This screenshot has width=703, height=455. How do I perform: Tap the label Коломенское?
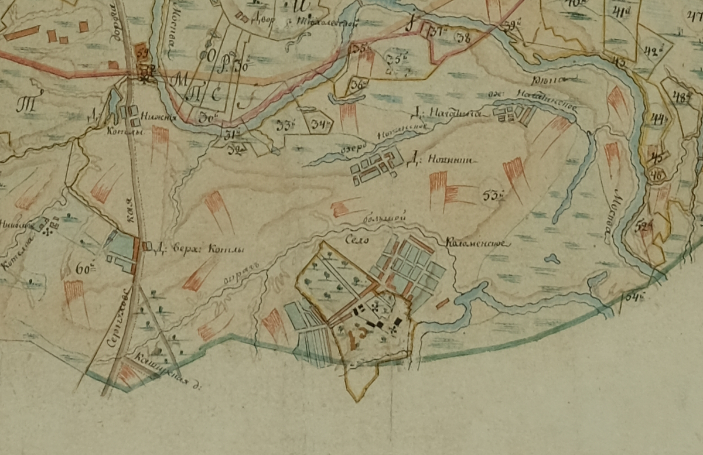[x=478, y=242]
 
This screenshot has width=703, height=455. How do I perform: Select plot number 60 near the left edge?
[x=86, y=270]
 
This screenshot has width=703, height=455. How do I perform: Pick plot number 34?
[x=320, y=124]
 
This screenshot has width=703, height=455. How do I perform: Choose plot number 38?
[x=464, y=37]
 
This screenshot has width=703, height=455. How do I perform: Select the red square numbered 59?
[x=141, y=52]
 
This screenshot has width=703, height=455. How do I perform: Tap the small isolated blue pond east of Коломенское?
[x=551, y=258]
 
